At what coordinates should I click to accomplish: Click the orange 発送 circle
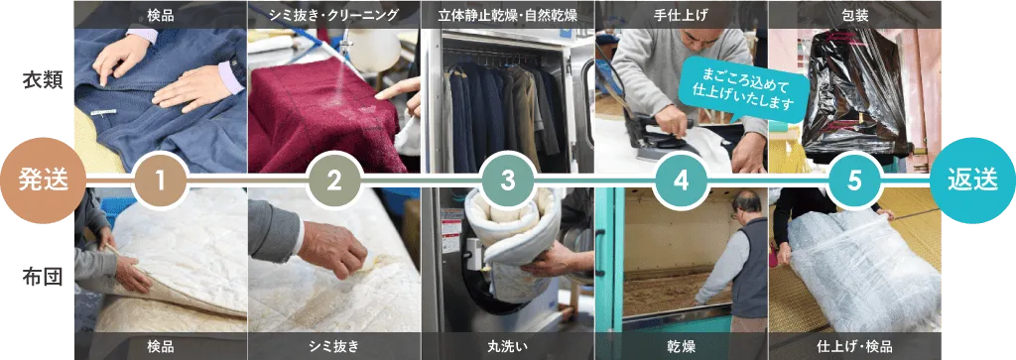click(43, 180)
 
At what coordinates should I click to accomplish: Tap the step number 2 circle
click(333, 180)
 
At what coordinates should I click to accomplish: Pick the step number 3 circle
click(507, 180)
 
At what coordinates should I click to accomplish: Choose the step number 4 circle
click(681, 180)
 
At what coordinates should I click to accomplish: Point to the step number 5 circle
click(854, 180)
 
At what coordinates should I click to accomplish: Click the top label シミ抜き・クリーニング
click(333, 14)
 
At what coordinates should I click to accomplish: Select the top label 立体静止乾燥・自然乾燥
click(507, 14)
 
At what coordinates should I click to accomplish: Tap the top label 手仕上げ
click(681, 14)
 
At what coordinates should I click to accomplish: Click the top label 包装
click(854, 14)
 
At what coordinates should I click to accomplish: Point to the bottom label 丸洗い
click(507, 346)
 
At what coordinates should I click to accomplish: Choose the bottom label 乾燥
click(681, 346)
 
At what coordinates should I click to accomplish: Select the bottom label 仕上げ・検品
click(854, 346)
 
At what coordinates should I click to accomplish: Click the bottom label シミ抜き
click(333, 346)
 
